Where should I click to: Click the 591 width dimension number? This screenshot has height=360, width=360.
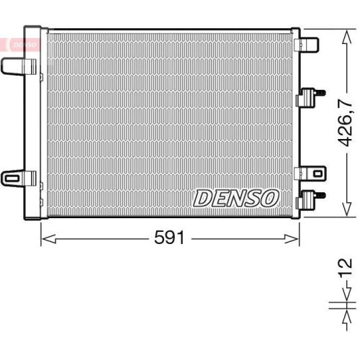point(169,238)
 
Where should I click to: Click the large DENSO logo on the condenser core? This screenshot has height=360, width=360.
point(236,198)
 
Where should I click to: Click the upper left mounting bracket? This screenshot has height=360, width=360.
point(18,66)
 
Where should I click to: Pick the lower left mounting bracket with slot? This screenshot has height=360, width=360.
point(18,178)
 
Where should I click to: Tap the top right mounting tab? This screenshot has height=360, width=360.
point(307,45)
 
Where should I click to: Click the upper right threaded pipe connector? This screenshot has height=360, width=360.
point(310,96)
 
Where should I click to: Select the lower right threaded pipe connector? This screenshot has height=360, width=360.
point(310,199)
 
